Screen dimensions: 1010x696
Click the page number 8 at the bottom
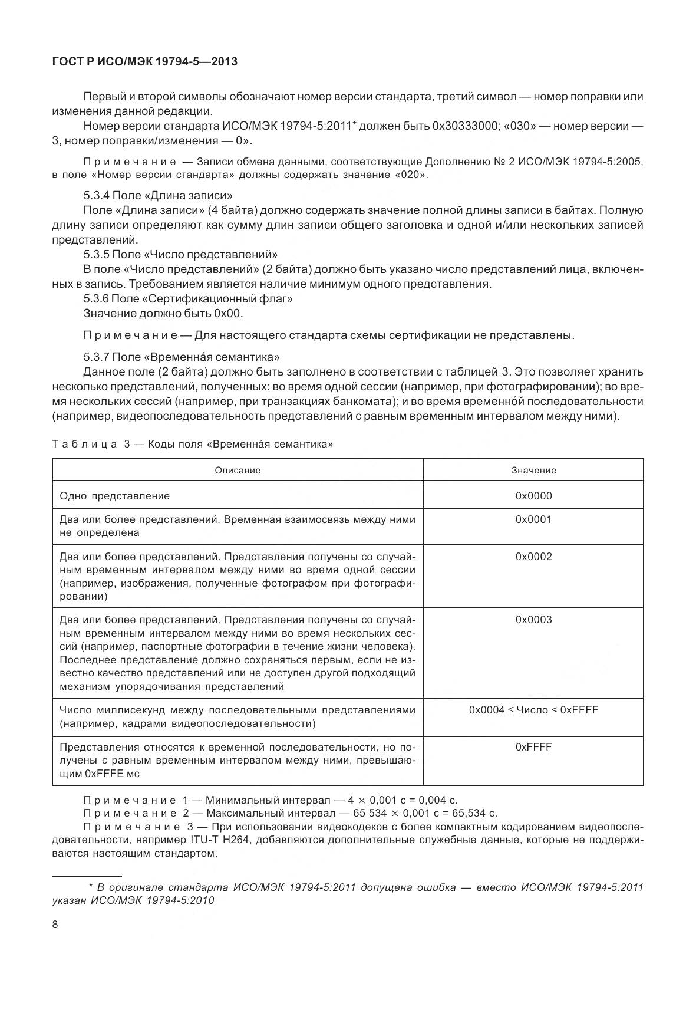[55, 924]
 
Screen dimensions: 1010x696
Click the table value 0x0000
[533, 496]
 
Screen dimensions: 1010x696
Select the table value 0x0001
[533, 519]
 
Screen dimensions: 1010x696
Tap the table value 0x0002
[533, 557]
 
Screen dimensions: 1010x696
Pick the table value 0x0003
[533, 620]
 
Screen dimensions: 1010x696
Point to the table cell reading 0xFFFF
[533, 747]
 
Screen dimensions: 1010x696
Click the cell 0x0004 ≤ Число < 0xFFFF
[533, 710]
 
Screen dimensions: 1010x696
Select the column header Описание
[238, 470]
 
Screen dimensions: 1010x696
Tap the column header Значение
[533, 470]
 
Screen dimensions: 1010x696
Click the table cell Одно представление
[115, 496]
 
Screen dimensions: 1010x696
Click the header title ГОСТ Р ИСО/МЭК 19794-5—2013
[145, 61]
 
